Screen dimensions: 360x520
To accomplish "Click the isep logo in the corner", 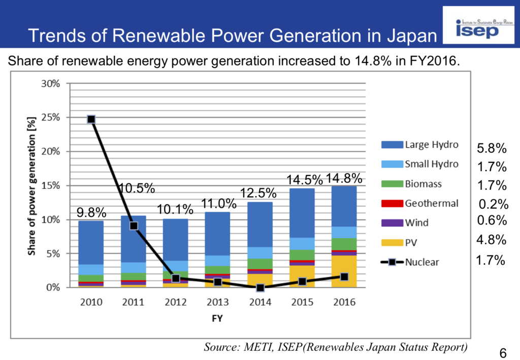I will [478, 28].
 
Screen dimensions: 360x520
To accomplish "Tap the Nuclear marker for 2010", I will [91, 119].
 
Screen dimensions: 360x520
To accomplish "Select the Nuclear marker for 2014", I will [261, 288].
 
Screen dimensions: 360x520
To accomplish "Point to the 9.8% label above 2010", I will [91, 212].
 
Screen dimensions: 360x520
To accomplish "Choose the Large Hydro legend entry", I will [420, 145].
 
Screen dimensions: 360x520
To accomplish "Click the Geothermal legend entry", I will [420, 203].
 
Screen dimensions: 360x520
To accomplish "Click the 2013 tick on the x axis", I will [218, 302].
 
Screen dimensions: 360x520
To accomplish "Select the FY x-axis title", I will [216, 319].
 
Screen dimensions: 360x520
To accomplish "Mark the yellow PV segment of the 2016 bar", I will [344, 271].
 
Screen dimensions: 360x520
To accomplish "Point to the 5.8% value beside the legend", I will [492, 149].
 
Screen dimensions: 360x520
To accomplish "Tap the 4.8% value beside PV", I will [492, 240].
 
